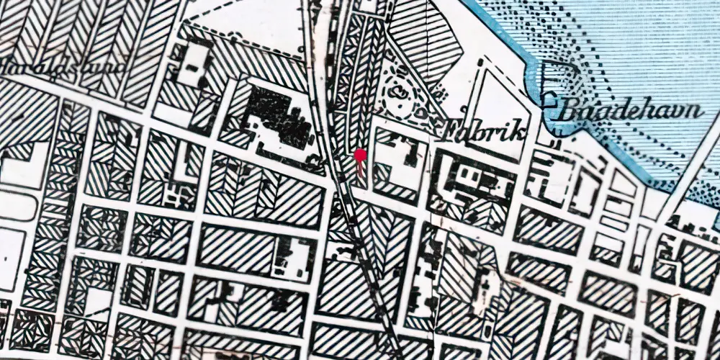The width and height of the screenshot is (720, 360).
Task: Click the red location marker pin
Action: [x=360, y=155]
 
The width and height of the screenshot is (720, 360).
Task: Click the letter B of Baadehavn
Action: [x=566, y=112]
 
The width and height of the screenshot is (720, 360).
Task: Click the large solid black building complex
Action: [x=277, y=115]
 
